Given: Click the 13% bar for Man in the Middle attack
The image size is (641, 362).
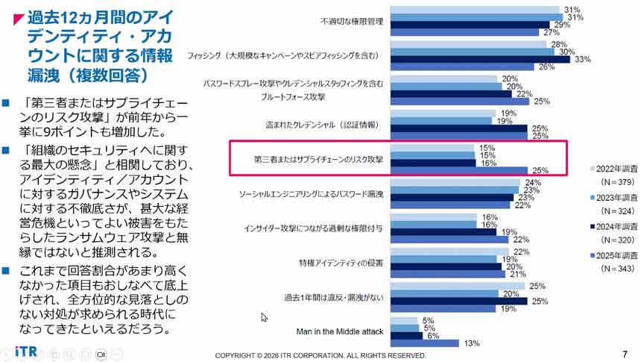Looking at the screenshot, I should [425, 343].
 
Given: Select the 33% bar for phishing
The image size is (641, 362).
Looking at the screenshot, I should [481, 59].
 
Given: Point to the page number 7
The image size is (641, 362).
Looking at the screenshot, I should [624, 354].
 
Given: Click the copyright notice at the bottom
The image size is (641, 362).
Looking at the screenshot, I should [320, 355].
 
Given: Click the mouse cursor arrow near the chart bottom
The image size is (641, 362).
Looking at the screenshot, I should [263, 317].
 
